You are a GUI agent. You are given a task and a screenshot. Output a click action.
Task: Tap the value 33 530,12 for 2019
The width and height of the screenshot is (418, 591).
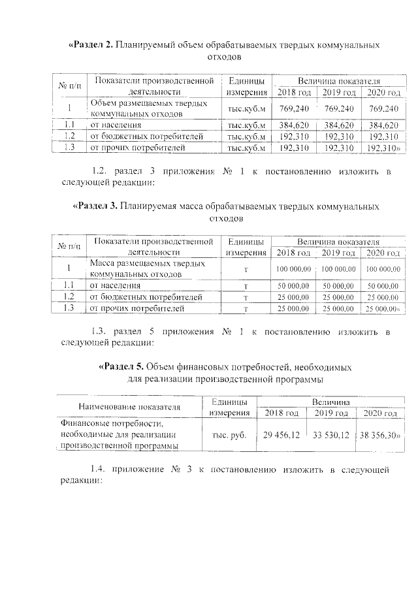tap(331, 435)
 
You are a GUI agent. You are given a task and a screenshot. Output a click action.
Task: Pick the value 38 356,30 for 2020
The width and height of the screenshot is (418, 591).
tap(379, 435)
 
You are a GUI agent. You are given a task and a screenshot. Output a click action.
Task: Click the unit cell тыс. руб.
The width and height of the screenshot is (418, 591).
tap(229, 435)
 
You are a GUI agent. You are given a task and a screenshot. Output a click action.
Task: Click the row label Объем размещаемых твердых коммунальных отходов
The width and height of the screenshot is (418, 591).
tap(148, 108)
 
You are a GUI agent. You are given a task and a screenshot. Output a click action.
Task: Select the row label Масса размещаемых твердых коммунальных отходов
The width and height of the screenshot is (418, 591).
tap(147, 268)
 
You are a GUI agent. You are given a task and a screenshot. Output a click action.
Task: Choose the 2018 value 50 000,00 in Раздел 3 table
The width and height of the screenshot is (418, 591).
tap(293, 285)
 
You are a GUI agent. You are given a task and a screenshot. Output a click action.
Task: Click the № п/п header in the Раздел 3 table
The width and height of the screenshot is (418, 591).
tap(70, 246)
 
